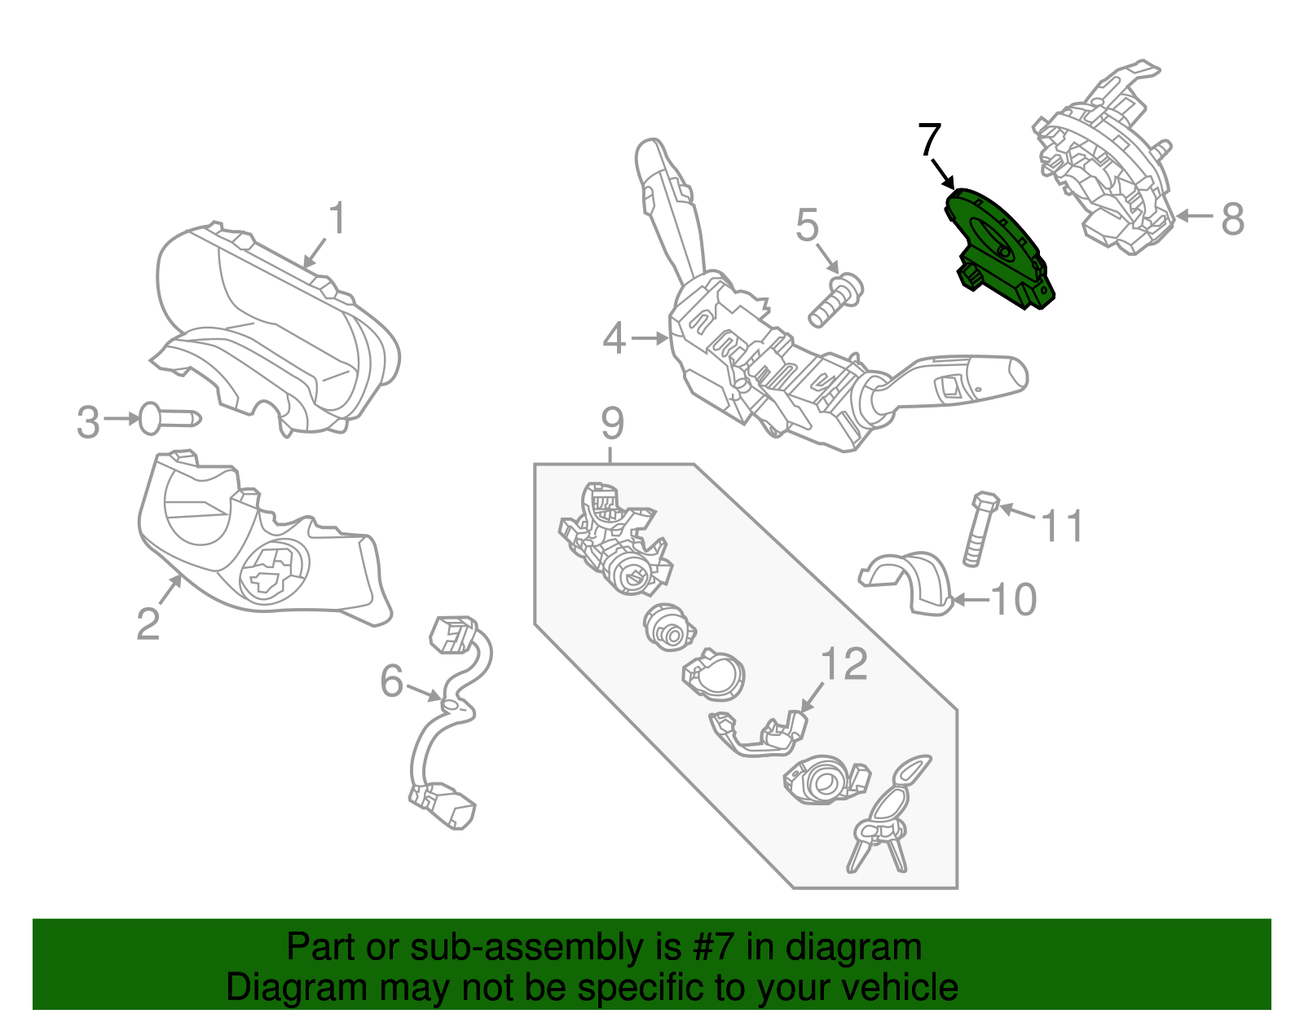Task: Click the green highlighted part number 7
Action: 998,249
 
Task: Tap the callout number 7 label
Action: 929,140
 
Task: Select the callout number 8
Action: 1232,218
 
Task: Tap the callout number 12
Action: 844,664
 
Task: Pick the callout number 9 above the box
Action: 612,424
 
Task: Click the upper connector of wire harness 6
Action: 451,634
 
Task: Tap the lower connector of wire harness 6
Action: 444,805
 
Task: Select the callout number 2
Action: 148,624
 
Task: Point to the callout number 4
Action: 614,337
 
